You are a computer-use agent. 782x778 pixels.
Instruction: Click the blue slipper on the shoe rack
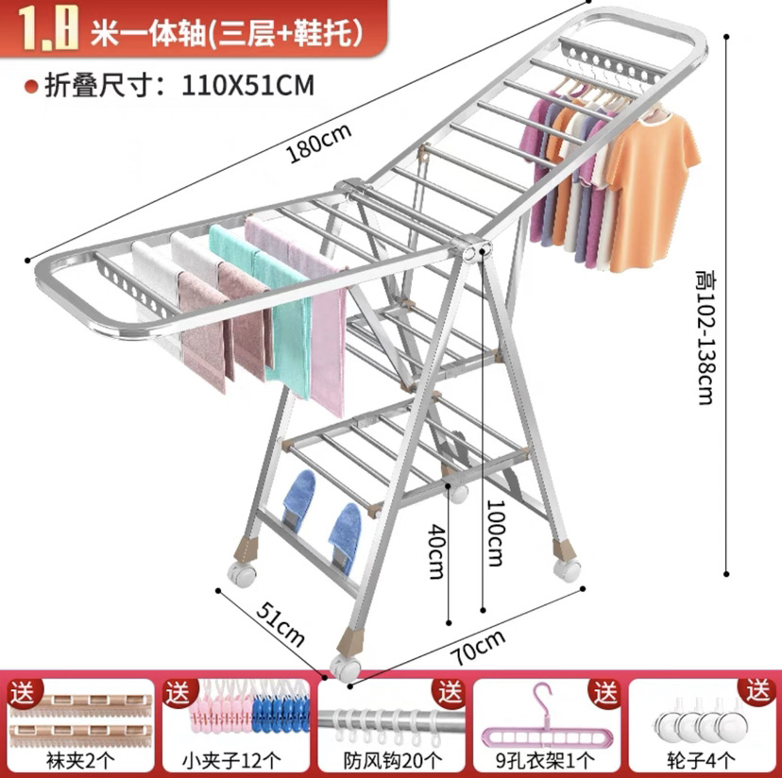coord(345,538)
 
